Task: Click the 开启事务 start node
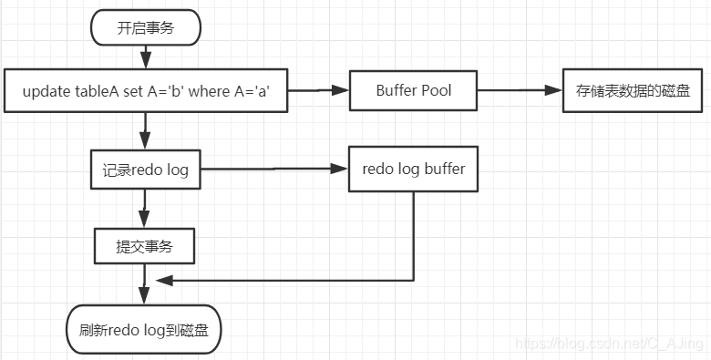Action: [145, 28]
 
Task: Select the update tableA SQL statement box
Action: [146, 91]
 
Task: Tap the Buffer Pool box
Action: [413, 91]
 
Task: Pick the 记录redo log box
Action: [146, 170]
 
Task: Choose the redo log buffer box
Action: [413, 170]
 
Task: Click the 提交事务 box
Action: [146, 244]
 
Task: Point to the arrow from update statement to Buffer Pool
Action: [319, 91]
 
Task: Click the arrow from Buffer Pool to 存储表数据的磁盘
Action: [520, 91]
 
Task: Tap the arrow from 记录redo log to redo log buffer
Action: [273, 170]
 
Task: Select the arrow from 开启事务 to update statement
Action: [145, 56]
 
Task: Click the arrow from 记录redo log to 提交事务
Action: [145, 208]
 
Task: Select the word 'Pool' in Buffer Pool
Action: [435, 91]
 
